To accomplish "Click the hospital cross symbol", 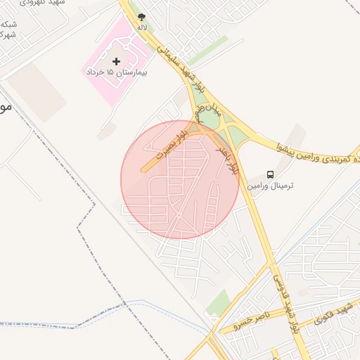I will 117,62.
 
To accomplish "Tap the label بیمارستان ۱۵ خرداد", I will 116,73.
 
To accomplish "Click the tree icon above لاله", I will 142,16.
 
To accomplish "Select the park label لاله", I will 142,27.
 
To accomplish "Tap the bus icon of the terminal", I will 270,174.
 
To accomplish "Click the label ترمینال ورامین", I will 270,186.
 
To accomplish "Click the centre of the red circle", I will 179,179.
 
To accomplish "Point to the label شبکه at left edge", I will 8,25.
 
